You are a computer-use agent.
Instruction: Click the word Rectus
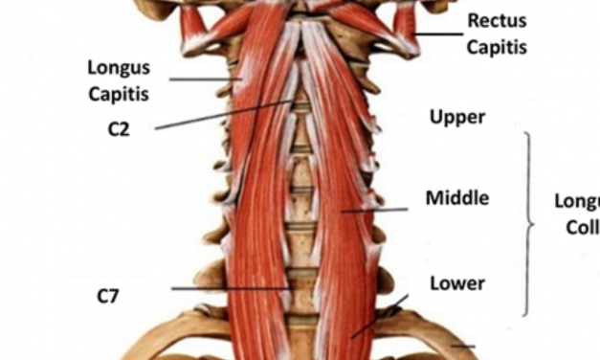coord(497,20)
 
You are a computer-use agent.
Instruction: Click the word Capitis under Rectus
coord(497,46)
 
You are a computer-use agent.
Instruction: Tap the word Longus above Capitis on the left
coord(119,68)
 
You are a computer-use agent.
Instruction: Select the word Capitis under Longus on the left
coord(119,94)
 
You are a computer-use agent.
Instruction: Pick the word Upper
coord(457,118)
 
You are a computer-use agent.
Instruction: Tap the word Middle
coord(457,198)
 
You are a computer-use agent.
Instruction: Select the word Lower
coord(457,283)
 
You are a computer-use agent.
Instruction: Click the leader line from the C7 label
coord(230,287)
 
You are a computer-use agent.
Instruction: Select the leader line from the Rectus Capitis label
coord(440,35)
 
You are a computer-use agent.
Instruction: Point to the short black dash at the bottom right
coord(463,346)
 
